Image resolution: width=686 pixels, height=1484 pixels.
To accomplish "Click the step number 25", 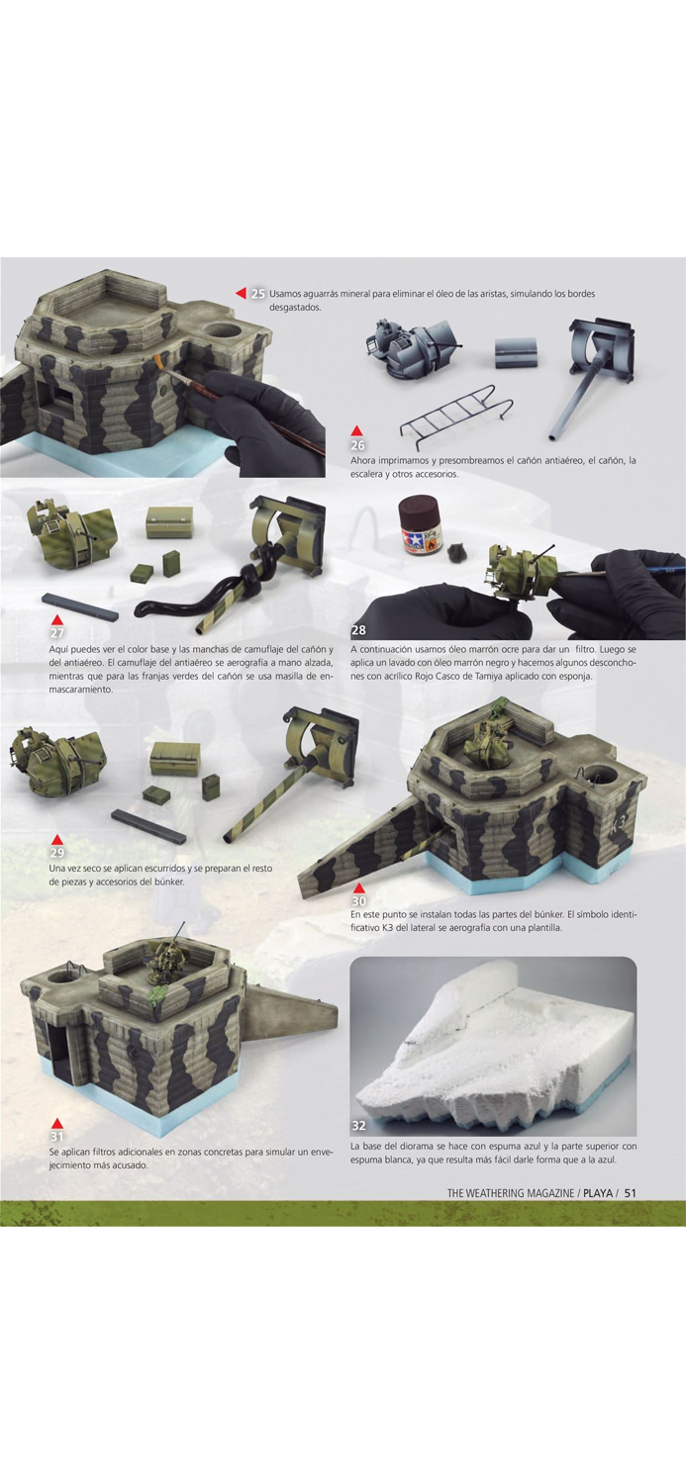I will coord(257,294).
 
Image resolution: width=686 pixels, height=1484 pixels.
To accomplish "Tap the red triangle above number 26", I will coord(356,431).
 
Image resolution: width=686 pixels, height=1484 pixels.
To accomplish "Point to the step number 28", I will coord(357,630).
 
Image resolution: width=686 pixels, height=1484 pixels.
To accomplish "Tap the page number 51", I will coord(629,1192).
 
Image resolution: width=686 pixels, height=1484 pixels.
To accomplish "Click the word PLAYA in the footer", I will coord(597,1192).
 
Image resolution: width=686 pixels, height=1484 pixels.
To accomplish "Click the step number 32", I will coord(358,1126).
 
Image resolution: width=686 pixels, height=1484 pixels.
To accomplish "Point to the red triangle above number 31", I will coord(57,1123).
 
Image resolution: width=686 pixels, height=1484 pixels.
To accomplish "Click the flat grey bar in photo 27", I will coord(79,606).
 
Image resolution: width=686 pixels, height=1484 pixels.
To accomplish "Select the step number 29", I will coord(57,853).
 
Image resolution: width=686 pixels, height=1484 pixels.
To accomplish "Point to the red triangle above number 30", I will coord(358,888).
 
